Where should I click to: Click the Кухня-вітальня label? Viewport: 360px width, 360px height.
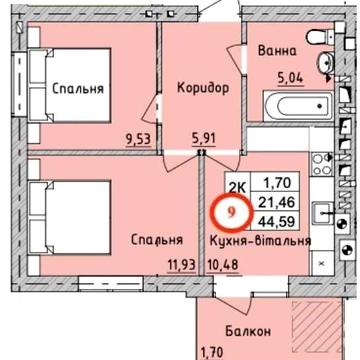coord(261,240)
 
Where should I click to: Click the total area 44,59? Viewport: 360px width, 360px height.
coord(280,221)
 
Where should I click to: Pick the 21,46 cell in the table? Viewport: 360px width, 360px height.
coord(280,202)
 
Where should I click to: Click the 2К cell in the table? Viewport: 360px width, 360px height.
coord(238,184)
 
